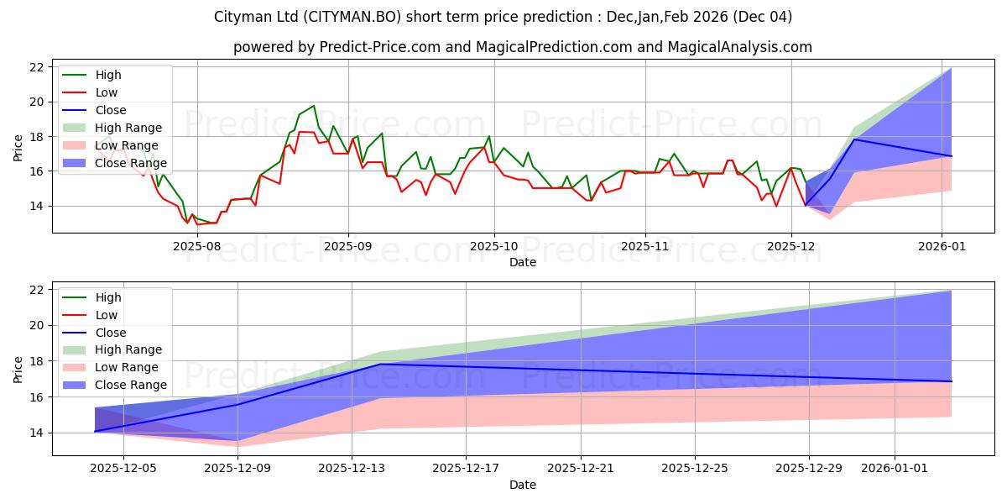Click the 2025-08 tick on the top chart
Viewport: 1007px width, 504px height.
(x=197, y=246)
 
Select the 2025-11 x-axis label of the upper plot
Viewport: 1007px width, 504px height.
(x=644, y=246)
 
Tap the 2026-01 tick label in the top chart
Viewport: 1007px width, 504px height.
(x=942, y=246)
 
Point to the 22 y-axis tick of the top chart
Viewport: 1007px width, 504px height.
(x=35, y=67)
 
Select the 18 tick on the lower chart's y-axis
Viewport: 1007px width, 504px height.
(x=35, y=361)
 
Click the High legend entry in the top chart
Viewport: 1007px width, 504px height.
(x=107, y=75)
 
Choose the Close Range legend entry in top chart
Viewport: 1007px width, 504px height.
(x=131, y=163)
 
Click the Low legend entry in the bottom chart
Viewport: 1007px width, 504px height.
(x=107, y=315)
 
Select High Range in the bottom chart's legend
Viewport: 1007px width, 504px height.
(x=128, y=349)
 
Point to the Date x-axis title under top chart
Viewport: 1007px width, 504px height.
(x=522, y=262)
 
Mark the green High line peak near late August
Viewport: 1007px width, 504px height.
(x=314, y=106)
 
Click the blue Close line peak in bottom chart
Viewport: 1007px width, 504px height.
(x=380, y=364)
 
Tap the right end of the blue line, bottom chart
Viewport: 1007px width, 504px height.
(x=951, y=381)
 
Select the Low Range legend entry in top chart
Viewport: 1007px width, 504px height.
(x=128, y=145)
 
